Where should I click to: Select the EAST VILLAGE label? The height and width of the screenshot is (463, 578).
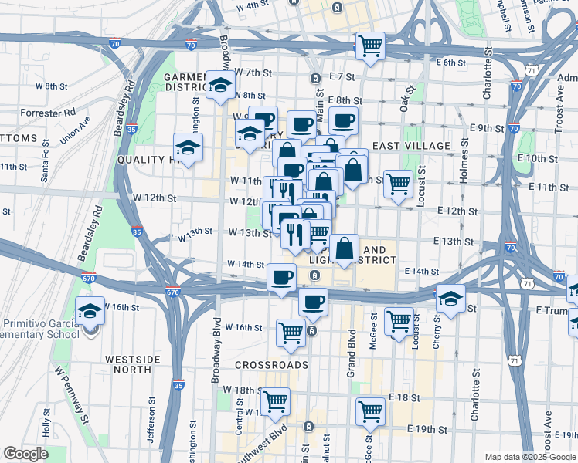click(411, 146)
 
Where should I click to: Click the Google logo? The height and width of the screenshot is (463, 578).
click(25, 454)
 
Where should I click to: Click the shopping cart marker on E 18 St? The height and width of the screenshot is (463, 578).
click(370, 411)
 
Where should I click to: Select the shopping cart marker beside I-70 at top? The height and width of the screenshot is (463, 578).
click(370, 46)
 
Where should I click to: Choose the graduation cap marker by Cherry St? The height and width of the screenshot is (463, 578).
click(450, 299)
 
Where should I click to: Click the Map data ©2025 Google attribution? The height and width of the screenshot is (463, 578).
click(530, 457)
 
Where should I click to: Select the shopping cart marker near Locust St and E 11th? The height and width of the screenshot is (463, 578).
click(398, 184)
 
